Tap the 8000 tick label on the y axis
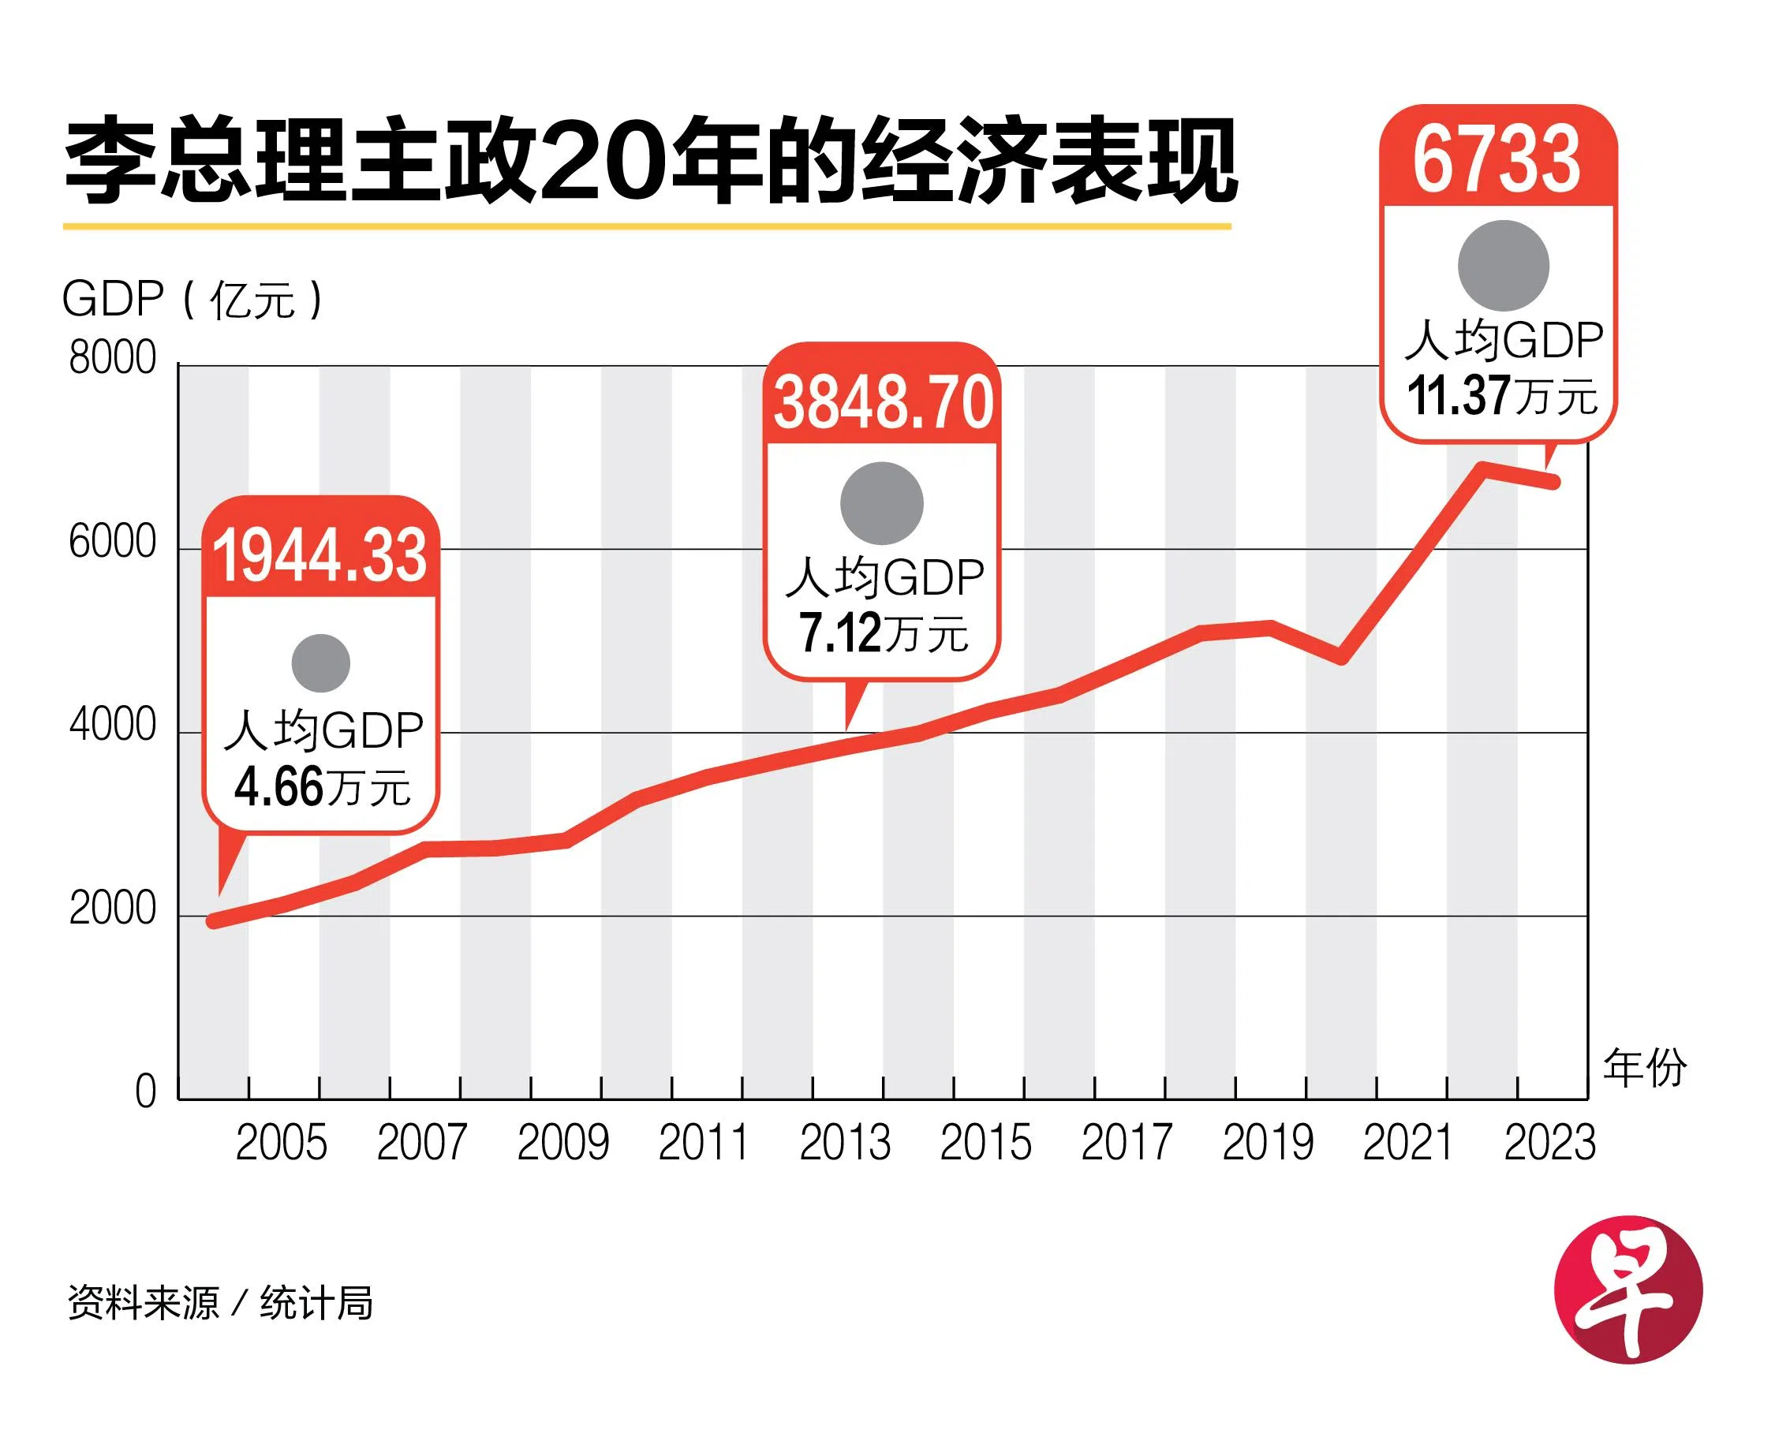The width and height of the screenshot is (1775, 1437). tap(113, 358)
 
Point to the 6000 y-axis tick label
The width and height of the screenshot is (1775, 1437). tap(113, 542)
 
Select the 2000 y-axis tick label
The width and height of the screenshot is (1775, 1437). tap(113, 909)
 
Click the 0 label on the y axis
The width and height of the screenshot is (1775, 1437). tap(146, 1092)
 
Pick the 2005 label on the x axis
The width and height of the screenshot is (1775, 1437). tap(282, 1143)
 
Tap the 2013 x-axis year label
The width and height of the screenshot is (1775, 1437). tap(845, 1143)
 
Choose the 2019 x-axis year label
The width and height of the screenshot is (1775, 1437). tap(1268, 1143)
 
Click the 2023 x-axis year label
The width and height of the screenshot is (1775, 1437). tap(1549, 1143)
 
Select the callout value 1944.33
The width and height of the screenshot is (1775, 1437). tap(320, 555)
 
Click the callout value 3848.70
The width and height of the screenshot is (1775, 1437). tap(883, 403)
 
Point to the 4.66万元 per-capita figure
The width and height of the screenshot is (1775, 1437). tap(322, 786)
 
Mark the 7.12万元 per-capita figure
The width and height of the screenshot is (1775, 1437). tap(883, 633)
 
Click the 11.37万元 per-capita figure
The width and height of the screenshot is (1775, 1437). tap(1502, 396)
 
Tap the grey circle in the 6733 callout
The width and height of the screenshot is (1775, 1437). tap(1503, 266)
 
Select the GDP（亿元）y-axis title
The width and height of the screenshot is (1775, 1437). tap(192, 299)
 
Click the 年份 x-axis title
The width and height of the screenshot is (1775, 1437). tap(1644, 1068)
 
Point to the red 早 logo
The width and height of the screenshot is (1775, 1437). tap(1627, 1289)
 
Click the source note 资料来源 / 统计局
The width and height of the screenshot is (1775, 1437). tap(220, 1304)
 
